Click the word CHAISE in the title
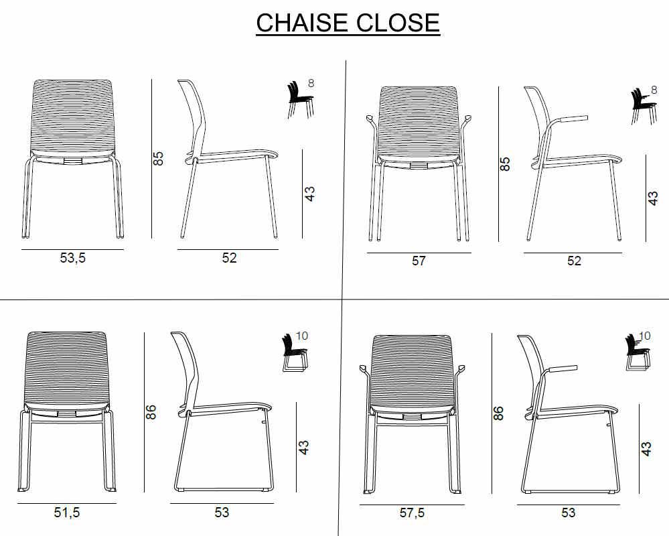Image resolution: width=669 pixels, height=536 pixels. coord(301,23)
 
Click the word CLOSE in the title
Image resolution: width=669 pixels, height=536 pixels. coord(398,23)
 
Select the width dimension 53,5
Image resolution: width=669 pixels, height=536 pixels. coord(72,258)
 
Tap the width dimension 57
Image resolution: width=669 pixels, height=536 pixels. coord(419,261)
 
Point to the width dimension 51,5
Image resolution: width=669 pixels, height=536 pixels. coord(66,512)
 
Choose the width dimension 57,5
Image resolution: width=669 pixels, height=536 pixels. coord(412,513)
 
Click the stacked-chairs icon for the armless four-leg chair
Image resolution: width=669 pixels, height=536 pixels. coord(301,99)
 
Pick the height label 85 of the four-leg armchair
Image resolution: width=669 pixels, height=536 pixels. coord(505,164)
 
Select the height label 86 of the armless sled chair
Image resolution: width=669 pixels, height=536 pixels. coord(151,412)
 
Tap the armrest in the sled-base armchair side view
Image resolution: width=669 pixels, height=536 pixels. coord(561,368)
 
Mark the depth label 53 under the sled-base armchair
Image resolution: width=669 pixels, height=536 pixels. coord(568,513)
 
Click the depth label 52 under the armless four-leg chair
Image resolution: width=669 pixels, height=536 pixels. coord(229,258)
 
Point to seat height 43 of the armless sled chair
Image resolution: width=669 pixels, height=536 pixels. coord(303,448)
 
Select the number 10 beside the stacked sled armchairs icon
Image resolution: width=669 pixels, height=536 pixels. coord(645,336)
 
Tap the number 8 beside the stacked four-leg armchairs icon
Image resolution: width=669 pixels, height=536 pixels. coord(654,90)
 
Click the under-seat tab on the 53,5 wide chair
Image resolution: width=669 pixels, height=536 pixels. coord(72,161)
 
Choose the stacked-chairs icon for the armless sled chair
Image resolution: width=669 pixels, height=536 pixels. coord(295,353)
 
